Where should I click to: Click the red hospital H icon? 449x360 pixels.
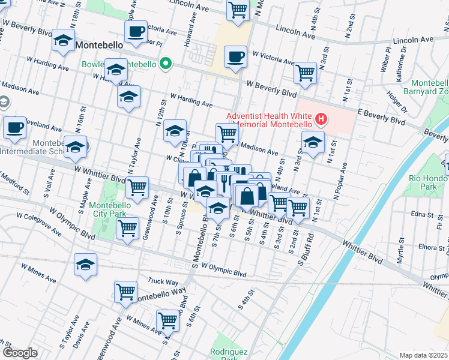(x=321, y=119)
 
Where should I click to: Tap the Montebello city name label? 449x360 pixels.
(x=99, y=44)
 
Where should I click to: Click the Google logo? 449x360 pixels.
(x=20, y=353)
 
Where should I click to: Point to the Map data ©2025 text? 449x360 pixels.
(x=423, y=355)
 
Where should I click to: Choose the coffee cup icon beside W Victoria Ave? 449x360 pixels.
(x=235, y=57)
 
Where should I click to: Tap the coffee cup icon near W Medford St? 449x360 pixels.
(x=14, y=127)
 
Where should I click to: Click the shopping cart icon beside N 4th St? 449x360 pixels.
(x=305, y=73)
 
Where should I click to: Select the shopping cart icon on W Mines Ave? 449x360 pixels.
(x=167, y=320)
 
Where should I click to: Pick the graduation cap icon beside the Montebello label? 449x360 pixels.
(x=63, y=40)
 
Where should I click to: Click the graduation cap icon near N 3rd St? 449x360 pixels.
(x=313, y=143)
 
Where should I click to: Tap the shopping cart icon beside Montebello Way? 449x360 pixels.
(x=125, y=292)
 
